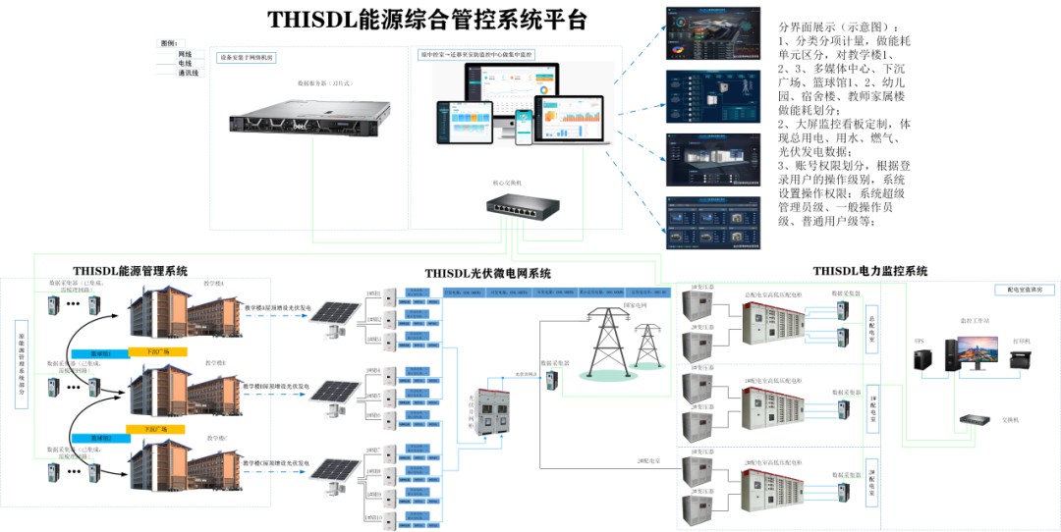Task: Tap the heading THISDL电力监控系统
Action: [869, 271]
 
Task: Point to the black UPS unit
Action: [921, 358]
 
